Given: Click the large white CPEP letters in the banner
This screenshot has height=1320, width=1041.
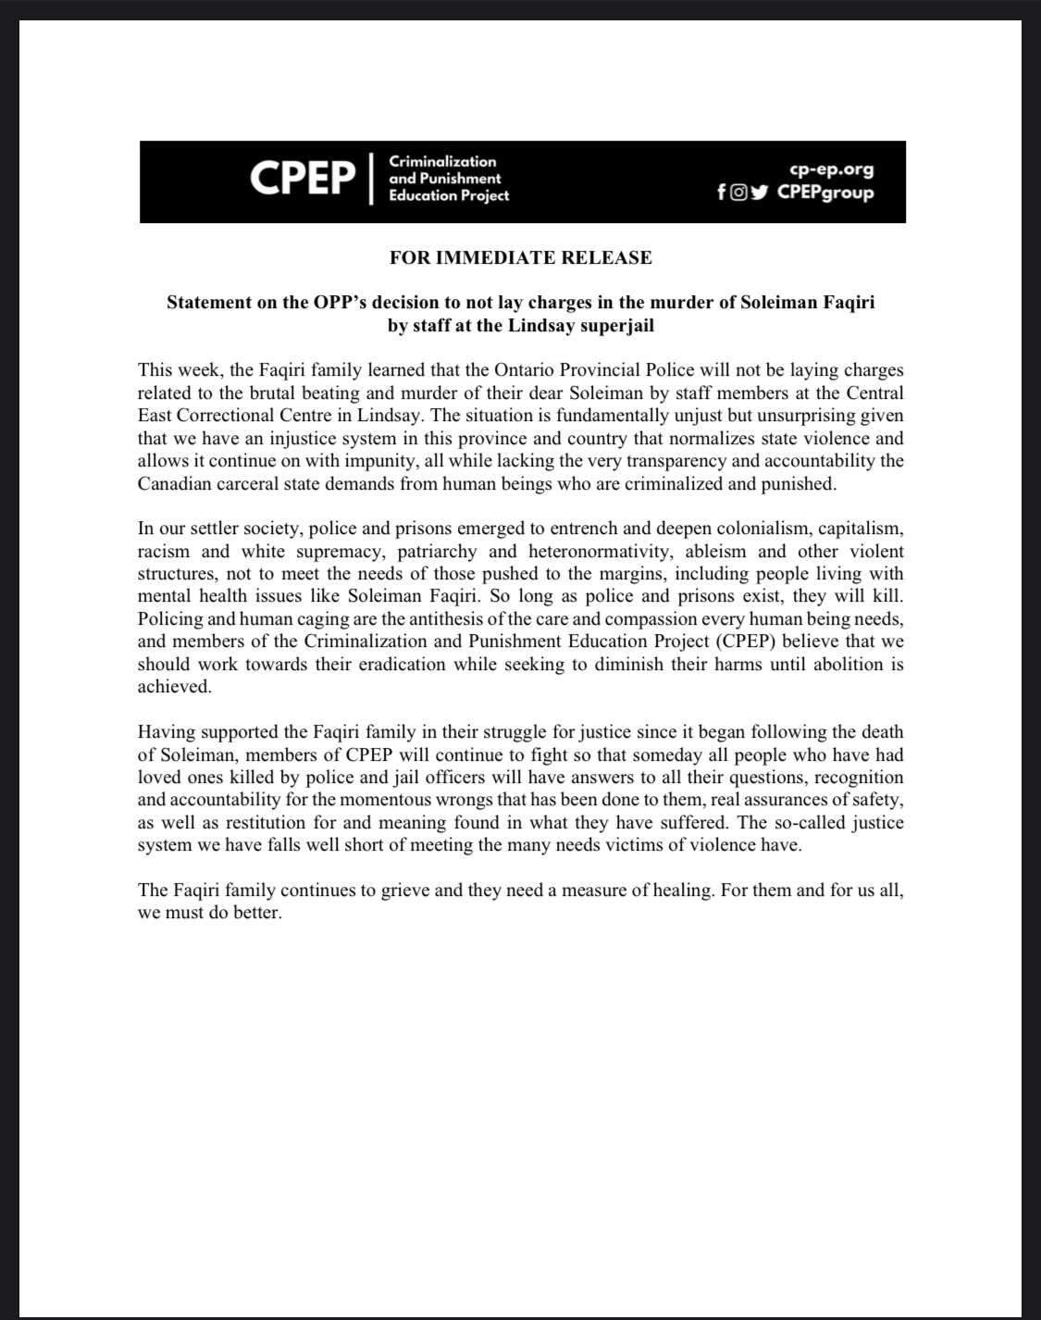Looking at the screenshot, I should click(303, 179).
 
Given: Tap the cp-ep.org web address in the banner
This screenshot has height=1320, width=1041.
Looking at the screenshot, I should click(831, 169).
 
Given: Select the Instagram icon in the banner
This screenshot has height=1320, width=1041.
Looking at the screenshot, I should click(738, 193).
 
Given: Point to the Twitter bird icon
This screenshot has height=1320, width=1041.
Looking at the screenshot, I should click(760, 193).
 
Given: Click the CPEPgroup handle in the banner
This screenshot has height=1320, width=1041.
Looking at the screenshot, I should click(825, 193).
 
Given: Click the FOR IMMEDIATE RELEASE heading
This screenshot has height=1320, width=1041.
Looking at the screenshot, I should click(520, 257).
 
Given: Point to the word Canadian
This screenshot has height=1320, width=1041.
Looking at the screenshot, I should click(172, 483).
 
